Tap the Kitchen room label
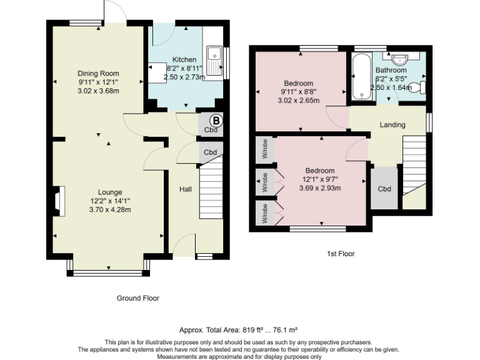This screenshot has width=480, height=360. (x=184, y=60)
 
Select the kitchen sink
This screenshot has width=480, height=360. (x=215, y=61)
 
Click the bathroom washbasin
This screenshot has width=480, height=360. (x=400, y=58)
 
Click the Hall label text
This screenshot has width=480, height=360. (x=186, y=189)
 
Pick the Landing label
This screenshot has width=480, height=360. (x=392, y=125)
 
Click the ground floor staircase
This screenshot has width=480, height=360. (x=211, y=187)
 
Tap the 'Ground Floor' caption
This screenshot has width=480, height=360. (x=137, y=298)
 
